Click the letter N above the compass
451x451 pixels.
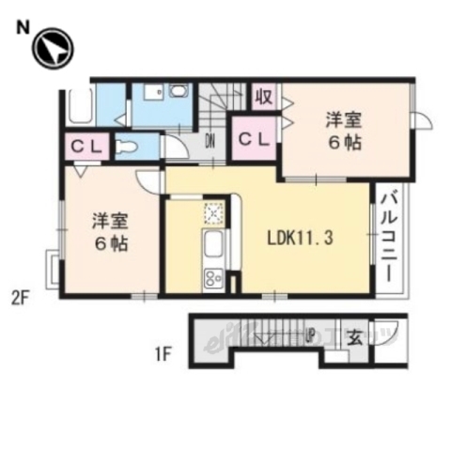pyautogui.click(x=20, y=28)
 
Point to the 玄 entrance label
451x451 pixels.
pyautogui.click(x=356, y=335)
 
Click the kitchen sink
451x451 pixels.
pyautogui.click(x=212, y=248)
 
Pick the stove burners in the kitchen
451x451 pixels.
pyautogui.click(x=212, y=278)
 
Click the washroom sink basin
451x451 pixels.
pyautogui.click(x=178, y=91)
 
